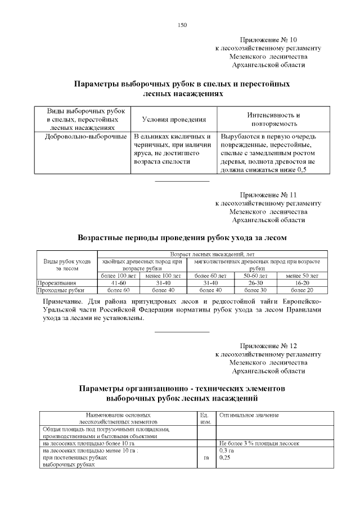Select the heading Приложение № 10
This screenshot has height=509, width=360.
pyautogui.click(x=268, y=40)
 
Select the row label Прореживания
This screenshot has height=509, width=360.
pyautogui.click(x=56, y=283)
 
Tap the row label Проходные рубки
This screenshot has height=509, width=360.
pyautogui.click(x=61, y=290)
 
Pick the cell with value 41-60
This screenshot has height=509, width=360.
pyautogui.click(x=119, y=283)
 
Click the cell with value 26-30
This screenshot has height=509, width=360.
pyautogui.click(x=256, y=283)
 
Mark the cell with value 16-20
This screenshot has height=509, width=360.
pyautogui.click(x=303, y=283)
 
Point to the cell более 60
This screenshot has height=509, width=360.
pyautogui.click(x=119, y=290)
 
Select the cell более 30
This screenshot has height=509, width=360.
pyautogui.click(x=256, y=290)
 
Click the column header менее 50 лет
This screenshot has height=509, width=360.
pyautogui.click(x=303, y=276)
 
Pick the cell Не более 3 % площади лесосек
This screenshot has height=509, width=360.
pyautogui.click(x=259, y=443)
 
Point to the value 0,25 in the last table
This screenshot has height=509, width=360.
pyautogui.click(x=226, y=458)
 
